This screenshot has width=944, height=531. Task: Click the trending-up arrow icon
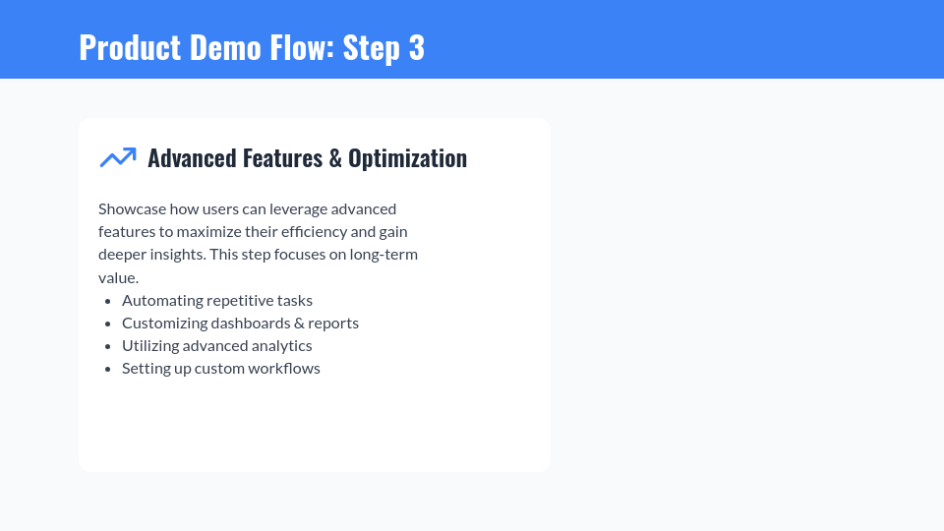(118, 157)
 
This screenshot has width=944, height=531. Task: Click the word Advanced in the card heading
(192, 158)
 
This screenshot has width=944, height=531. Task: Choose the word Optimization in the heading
(407, 158)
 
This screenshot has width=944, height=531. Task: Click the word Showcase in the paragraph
(132, 209)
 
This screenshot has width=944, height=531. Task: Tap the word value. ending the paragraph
(118, 278)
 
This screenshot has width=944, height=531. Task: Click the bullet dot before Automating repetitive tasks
(107, 301)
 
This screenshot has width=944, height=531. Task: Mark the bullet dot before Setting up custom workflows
(107, 369)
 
